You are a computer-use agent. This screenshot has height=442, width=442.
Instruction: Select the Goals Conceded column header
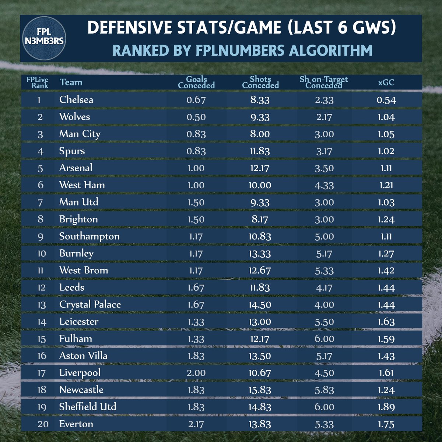[x=196, y=82]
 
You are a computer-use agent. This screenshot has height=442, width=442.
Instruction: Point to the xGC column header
[x=386, y=82]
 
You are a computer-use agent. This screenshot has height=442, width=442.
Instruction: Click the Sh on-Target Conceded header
[x=324, y=82]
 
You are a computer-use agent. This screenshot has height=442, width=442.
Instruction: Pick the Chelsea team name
[x=76, y=99]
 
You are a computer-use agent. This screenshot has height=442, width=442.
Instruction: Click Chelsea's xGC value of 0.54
[x=386, y=100]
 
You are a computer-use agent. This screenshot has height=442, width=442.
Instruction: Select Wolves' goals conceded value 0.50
[x=196, y=117]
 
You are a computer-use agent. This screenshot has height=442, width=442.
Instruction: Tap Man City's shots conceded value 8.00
[x=260, y=134]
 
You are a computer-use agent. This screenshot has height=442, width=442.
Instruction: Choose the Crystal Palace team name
[x=90, y=305]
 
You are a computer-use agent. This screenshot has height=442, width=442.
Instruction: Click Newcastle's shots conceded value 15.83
[x=260, y=390]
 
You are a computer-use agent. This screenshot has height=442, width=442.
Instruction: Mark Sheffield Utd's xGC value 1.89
[x=386, y=407]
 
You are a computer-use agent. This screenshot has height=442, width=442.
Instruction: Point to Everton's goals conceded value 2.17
[x=196, y=424]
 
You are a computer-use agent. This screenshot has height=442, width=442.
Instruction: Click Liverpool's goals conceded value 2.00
[x=196, y=373]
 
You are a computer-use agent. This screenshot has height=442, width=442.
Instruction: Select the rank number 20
[x=43, y=424]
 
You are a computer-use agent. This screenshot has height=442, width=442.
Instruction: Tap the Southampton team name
[x=89, y=236]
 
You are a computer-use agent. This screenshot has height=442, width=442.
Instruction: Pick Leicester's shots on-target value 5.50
[x=324, y=322]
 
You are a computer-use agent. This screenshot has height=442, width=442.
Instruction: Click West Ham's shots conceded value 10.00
[x=260, y=185]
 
